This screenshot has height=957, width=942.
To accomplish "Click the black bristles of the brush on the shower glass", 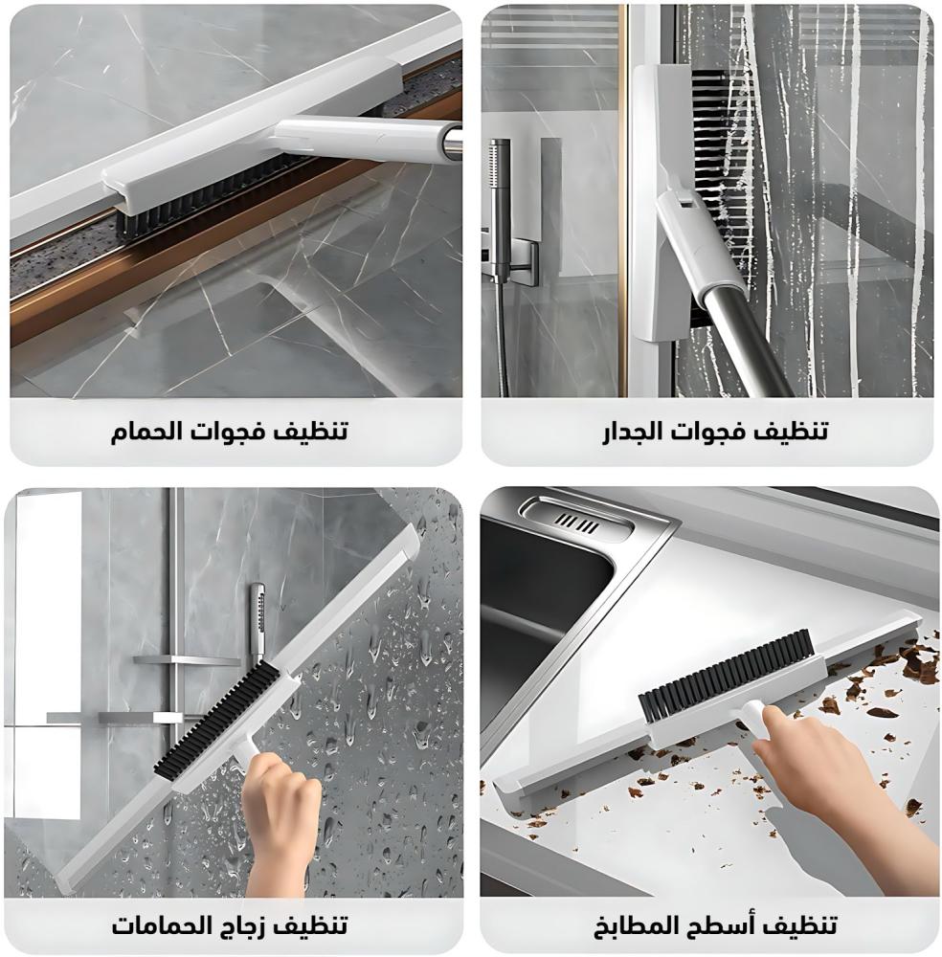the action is coord(216,721).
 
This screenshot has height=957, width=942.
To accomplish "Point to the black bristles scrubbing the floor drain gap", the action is coord(208,192).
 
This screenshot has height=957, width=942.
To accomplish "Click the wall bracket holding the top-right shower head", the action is coord(519,259).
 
